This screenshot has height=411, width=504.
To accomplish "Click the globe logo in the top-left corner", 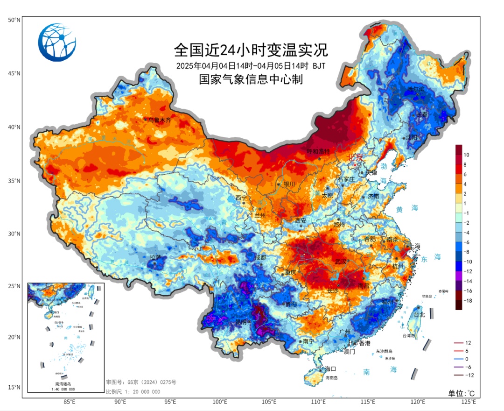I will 57,42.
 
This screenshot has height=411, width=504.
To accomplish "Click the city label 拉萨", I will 155,257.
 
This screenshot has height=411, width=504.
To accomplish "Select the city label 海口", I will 330,369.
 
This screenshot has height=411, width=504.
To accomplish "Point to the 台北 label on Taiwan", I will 420,315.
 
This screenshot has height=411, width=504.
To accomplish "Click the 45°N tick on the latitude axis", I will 14,73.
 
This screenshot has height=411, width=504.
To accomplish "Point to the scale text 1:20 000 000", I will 133,392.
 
